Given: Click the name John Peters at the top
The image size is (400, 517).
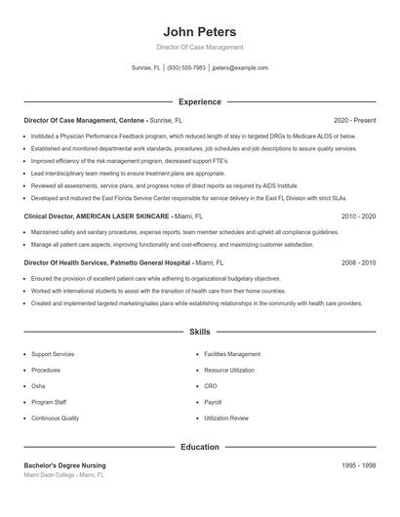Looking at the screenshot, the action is pos(199,32).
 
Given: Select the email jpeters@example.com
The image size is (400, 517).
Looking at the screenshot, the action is pos(239,68).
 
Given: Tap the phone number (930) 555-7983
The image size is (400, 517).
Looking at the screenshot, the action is pos(185,68).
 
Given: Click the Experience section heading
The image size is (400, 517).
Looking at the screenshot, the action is pos(199,101).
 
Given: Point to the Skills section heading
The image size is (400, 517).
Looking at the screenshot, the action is pos(199,333).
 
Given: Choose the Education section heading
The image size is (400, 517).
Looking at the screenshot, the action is pos(199,447).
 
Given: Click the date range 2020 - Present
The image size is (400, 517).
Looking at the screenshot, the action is pos(354,120).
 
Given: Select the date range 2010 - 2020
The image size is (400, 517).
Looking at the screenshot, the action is pos(358,216).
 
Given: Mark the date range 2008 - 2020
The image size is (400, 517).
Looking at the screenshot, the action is pos(358,262).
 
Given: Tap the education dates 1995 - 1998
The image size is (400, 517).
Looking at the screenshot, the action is pos(358,465).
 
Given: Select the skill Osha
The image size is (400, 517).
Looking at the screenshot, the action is pos(39,386).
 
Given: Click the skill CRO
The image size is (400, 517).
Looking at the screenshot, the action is pos(211,386).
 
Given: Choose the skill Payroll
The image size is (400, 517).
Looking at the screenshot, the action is pos(214,402).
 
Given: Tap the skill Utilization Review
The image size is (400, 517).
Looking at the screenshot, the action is pos(226,418).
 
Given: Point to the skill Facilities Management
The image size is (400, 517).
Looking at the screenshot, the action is pos(232,354).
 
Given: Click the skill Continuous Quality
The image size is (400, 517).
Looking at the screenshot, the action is pos(55,418).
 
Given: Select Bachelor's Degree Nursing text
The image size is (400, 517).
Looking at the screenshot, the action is pos(64,465).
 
